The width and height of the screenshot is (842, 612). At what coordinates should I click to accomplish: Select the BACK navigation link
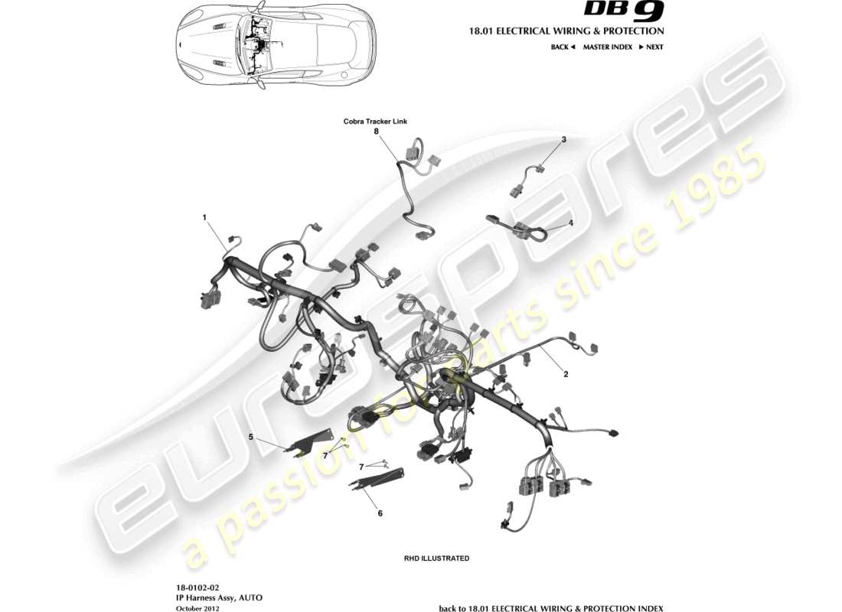[563, 47]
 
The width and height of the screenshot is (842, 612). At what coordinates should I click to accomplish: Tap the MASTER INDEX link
[607, 47]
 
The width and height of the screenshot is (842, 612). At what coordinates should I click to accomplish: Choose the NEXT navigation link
[651, 47]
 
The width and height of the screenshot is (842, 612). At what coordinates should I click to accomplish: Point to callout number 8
[376, 132]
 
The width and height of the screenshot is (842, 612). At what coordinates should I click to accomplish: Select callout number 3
[563, 140]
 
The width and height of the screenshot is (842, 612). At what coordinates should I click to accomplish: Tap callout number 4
[569, 223]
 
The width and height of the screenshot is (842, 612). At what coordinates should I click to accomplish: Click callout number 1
[204, 217]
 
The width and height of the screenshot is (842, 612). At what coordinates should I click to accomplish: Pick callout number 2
[566, 375]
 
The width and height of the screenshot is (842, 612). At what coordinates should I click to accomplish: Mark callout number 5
[250, 437]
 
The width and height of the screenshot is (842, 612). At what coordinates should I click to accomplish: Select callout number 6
[380, 513]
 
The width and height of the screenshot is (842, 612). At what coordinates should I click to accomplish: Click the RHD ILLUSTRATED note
[436, 558]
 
